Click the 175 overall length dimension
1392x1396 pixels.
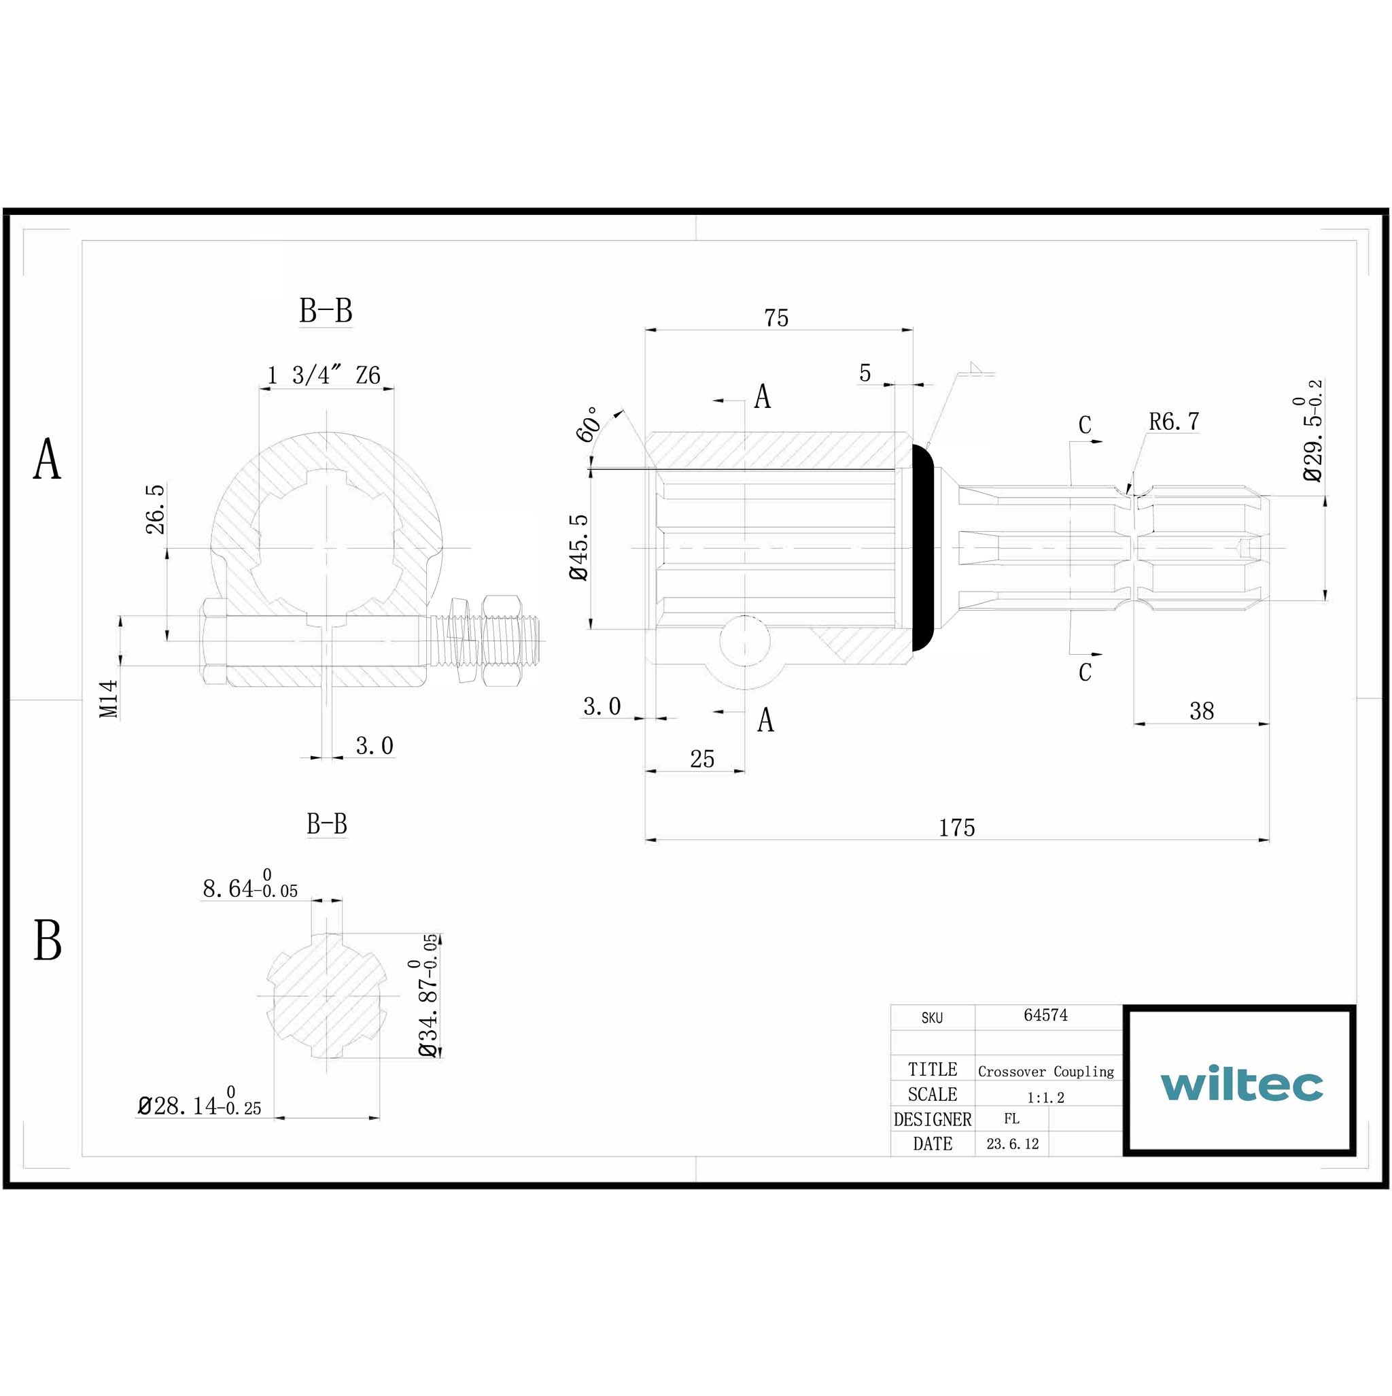(x=956, y=828)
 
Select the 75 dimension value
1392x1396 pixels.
(x=777, y=318)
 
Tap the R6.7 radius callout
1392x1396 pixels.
(x=1174, y=422)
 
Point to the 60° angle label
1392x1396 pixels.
(x=589, y=424)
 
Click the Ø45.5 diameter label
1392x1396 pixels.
(x=579, y=547)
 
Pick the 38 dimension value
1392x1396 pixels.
(x=1202, y=711)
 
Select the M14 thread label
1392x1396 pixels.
(x=108, y=698)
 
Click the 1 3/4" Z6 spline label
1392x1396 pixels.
(x=324, y=376)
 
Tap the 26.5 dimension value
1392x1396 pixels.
(x=156, y=509)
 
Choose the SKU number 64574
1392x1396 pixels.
(x=1045, y=1015)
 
